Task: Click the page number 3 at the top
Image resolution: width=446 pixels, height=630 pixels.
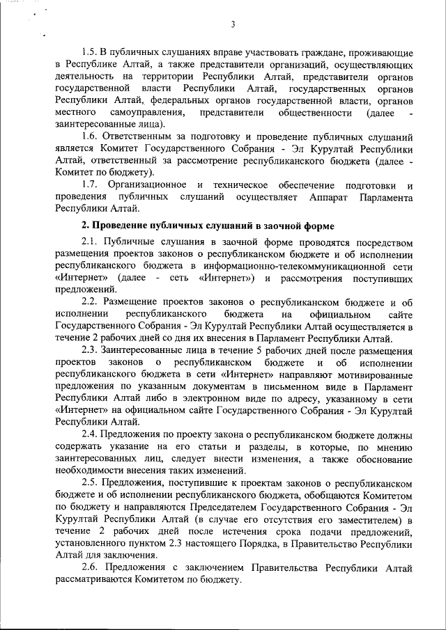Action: [x=233, y=26]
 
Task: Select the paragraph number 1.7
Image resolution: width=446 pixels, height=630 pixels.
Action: [x=91, y=184]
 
